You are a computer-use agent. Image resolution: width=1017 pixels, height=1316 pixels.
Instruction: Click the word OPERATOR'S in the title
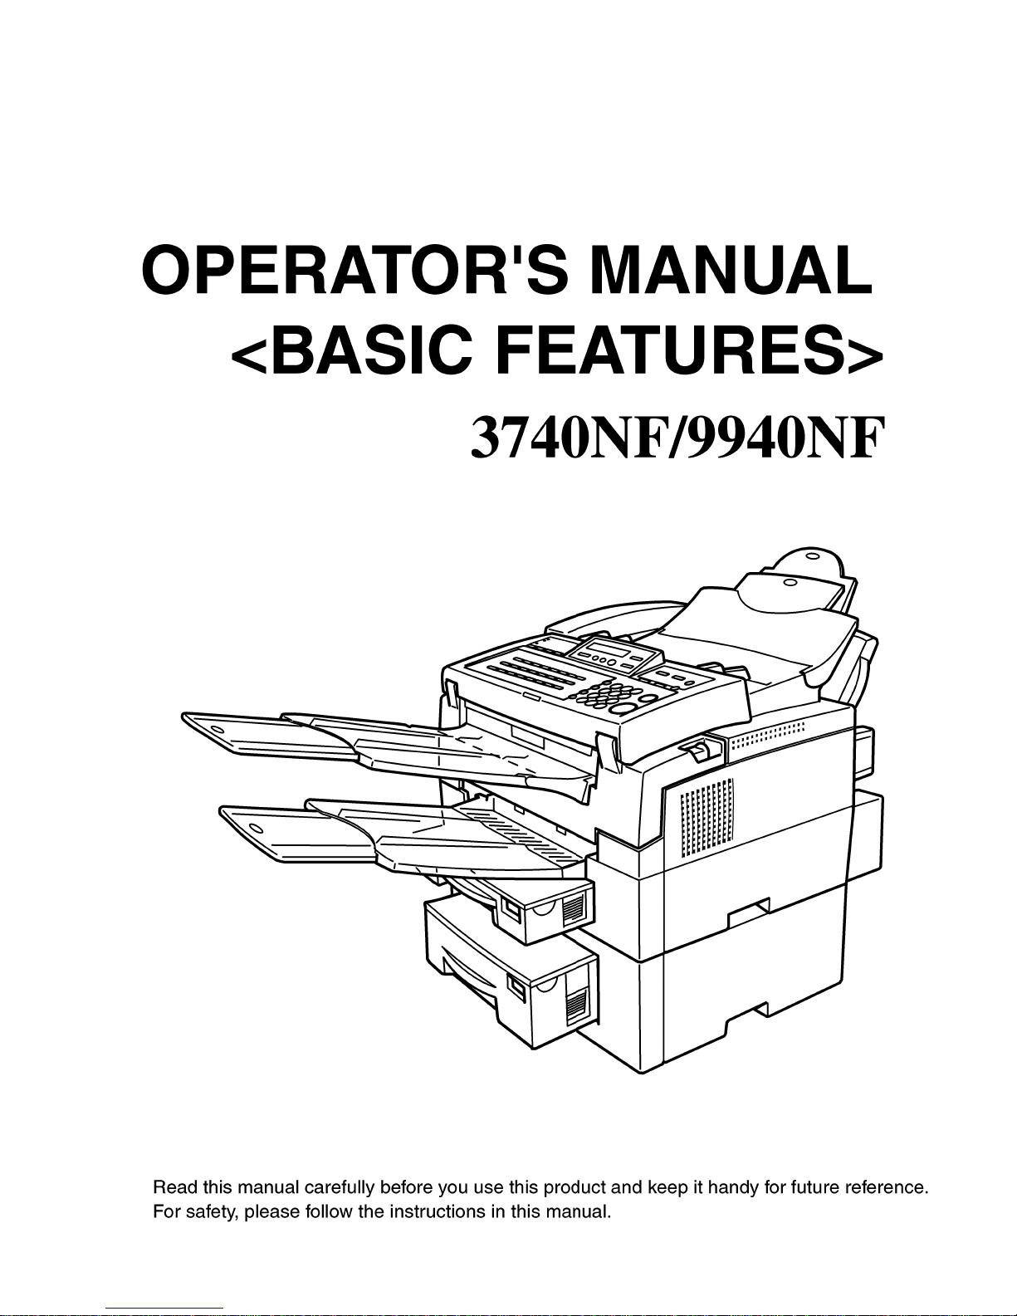pos(355,270)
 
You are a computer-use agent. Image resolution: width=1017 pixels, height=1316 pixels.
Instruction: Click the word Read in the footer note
pos(174,1187)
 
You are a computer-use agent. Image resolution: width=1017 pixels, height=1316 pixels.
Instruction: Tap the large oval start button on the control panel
pos(623,708)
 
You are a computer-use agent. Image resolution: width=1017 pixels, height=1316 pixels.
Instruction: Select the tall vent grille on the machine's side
pos(707,817)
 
